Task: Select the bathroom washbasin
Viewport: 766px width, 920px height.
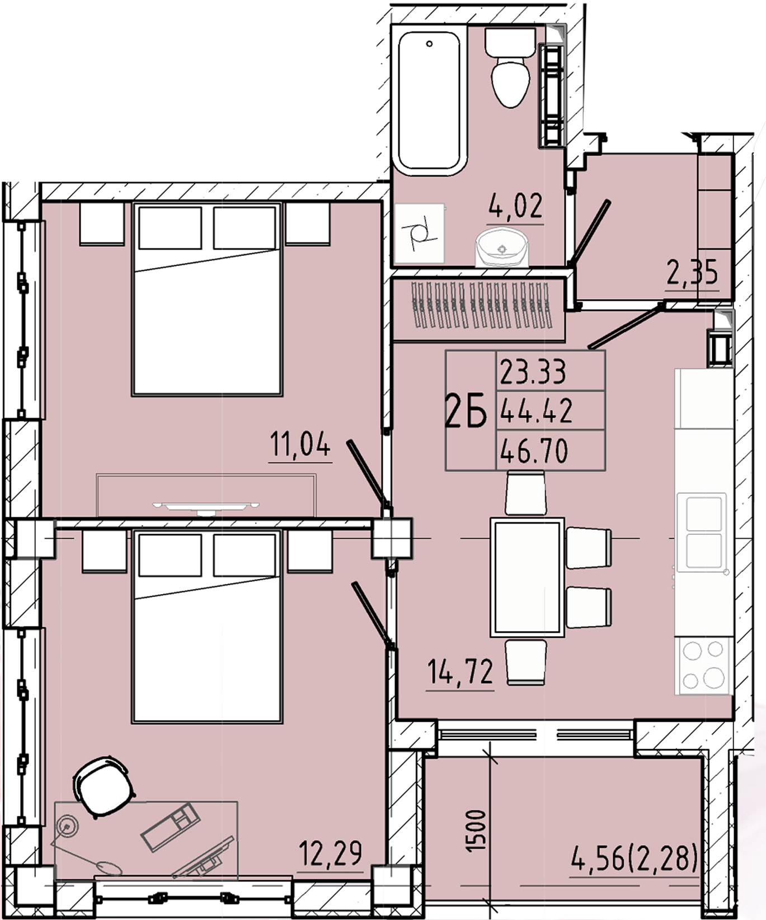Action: pos(502,247)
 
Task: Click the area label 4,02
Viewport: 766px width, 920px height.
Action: pos(515,206)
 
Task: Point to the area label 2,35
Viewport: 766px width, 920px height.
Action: pos(692,274)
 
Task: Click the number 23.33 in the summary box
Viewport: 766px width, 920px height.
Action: pos(533,372)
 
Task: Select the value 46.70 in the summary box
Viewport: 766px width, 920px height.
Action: pos(534,451)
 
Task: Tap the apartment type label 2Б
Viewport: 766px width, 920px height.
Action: pos(466,412)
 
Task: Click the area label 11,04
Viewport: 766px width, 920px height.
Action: pos(300,445)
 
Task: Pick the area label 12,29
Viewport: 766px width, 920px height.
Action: pos(330,854)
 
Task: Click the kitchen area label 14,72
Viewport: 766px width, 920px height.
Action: pos(460,672)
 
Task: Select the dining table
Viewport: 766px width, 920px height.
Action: pos(527,577)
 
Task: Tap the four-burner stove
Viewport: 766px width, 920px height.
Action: pos(703,665)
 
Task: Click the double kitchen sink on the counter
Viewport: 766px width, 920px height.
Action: pos(702,532)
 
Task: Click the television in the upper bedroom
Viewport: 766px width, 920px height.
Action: pos(206,507)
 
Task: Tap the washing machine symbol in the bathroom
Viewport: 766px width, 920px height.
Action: pos(420,233)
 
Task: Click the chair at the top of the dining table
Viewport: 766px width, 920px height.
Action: pos(525,492)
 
